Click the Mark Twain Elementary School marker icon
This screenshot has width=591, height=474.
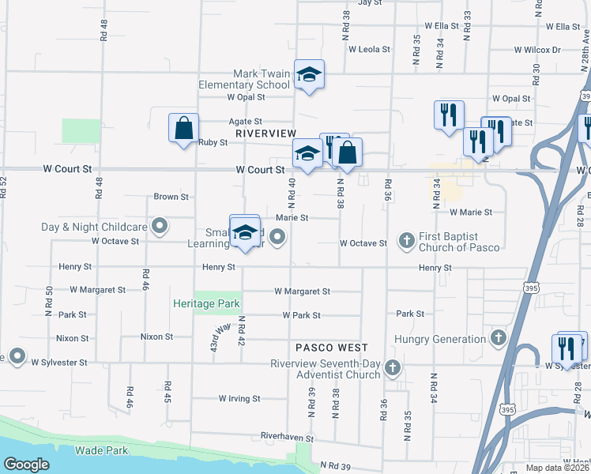[309, 75]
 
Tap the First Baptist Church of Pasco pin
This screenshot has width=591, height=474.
[407, 240]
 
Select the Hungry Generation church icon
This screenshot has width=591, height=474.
[498, 339]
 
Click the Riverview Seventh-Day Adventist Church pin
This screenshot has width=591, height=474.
[393, 368]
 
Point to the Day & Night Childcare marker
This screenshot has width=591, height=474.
[160, 227]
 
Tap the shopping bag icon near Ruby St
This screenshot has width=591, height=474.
[183, 128]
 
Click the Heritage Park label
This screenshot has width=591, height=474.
[207, 303]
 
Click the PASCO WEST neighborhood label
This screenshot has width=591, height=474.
[332, 348]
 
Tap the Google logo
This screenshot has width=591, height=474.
[26, 465]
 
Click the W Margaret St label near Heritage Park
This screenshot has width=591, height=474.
[302, 292]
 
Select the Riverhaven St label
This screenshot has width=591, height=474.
[287, 438]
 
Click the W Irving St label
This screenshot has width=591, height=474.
[240, 399]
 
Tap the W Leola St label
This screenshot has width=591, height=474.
[370, 49]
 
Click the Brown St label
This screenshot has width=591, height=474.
[171, 197]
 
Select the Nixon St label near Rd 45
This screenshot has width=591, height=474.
[156, 337]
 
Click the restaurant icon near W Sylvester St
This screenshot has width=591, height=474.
[567, 347]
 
